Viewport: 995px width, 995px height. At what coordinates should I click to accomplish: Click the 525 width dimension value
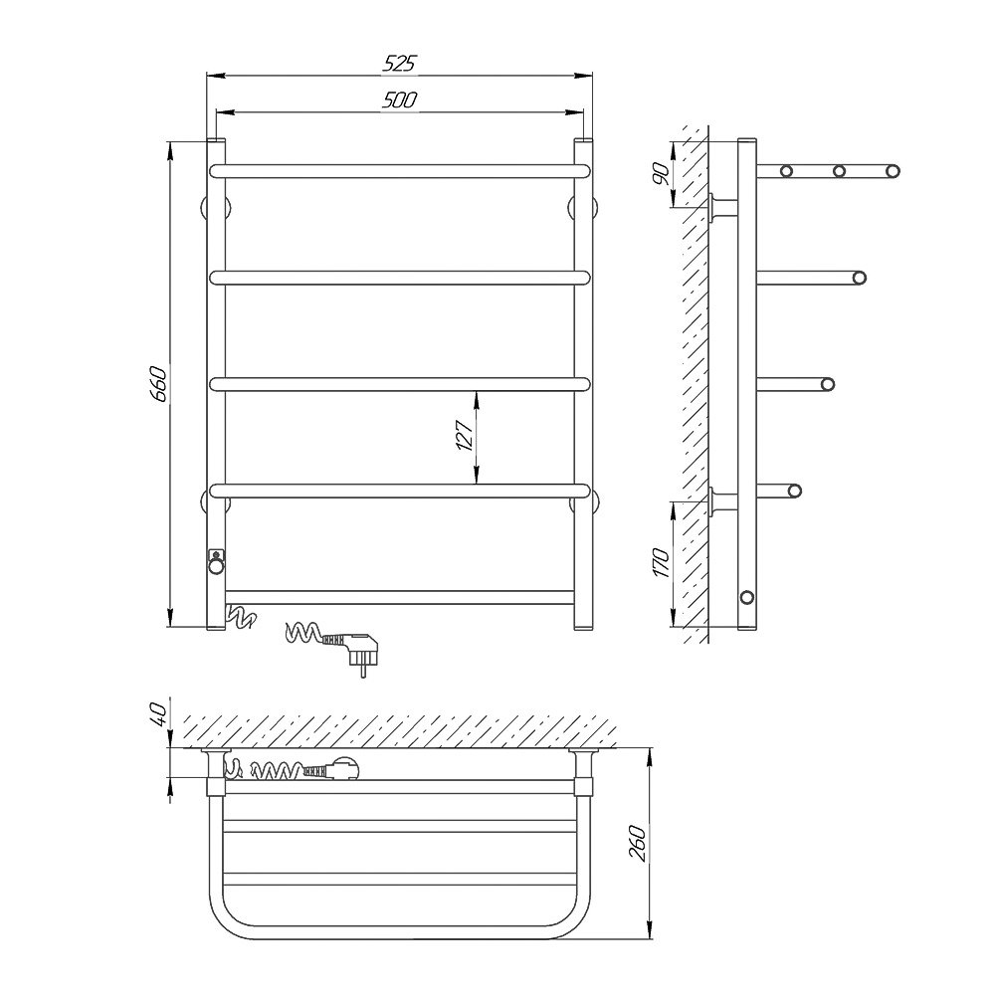pos(399,62)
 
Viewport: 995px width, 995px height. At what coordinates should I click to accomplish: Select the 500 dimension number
pos(399,100)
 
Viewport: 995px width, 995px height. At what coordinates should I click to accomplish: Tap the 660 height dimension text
pos(158,383)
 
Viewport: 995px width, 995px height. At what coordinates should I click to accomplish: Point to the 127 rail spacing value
pos(465,435)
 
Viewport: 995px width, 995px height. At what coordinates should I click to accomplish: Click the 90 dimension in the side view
pos(661,172)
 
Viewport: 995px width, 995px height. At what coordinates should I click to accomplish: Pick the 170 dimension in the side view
pos(661,562)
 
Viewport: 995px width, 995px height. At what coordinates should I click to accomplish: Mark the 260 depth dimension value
pos(639,844)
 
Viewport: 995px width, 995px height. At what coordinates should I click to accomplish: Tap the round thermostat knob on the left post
pos(216,564)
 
